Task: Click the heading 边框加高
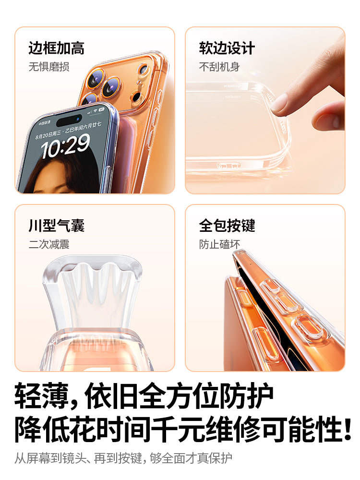[x=56, y=48]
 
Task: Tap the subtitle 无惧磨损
[x=48, y=67]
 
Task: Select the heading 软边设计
[x=227, y=48]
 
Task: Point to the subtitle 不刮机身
[x=219, y=67]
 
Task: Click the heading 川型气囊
[x=56, y=226]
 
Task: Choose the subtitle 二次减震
[x=48, y=244]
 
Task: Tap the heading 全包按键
[x=227, y=226]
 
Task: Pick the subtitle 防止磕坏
[x=219, y=244]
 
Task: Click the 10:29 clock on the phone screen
[x=66, y=146]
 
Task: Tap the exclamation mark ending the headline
[x=347, y=430]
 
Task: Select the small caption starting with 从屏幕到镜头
[x=123, y=458]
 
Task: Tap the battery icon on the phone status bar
[x=101, y=110]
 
